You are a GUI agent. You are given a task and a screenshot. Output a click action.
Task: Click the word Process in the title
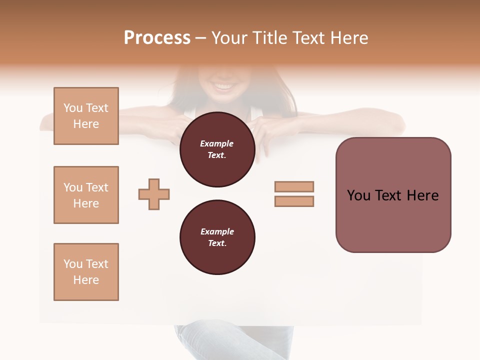coord(157,38)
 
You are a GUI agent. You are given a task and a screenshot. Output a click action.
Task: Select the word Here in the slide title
coord(348,38)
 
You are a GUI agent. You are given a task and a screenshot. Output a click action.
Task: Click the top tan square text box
coord(86,116)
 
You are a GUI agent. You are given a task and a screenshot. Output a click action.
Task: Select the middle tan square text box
coord(86,195)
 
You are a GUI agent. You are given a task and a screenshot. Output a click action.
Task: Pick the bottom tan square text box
coord(86,272)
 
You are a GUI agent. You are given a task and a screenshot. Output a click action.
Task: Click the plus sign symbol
coord(154,194)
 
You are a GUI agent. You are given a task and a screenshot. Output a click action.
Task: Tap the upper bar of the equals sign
coord(294,186)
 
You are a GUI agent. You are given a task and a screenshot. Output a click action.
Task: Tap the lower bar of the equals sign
coord(294,201)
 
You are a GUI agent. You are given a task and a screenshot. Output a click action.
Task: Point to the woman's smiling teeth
coord(223,87)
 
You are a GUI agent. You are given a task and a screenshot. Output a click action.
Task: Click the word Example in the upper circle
coord(217,143)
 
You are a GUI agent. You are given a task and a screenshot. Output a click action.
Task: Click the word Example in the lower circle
coord(217,231)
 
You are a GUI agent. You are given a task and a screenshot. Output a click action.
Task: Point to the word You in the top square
coord(73,108)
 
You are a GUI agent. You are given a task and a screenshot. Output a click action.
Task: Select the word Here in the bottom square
coord(86,280)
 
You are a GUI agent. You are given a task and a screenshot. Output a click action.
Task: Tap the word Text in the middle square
coord(96,187)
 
